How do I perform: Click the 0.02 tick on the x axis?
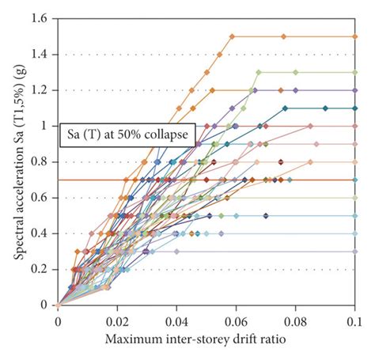[117, 322]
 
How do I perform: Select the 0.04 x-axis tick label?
[176, 322]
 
